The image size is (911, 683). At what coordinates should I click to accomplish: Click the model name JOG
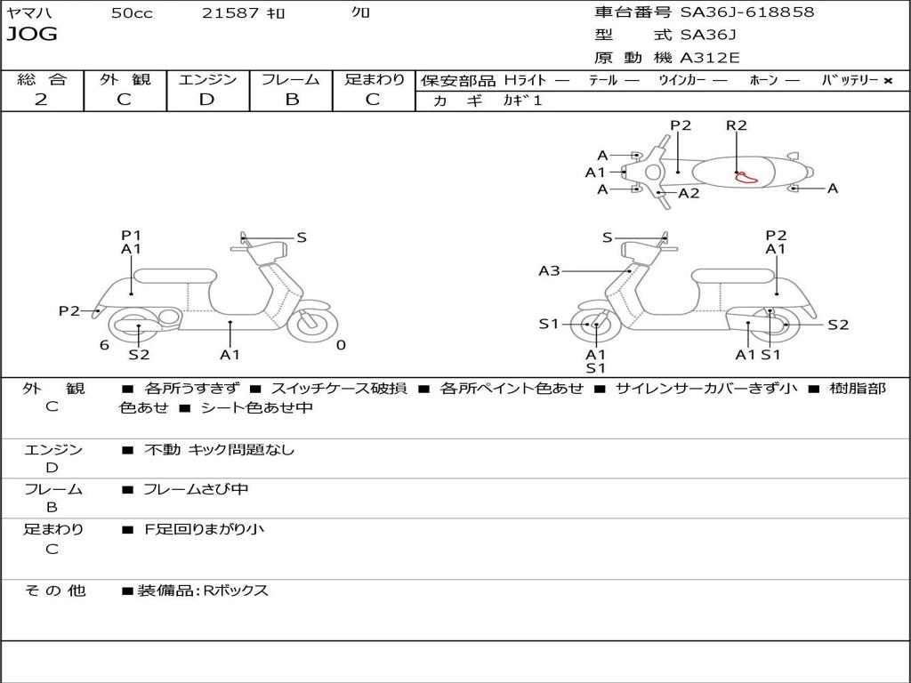click(32, 35)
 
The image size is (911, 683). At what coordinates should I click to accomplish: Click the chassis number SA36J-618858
click(747, 12)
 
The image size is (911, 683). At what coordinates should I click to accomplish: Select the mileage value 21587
click(230, 13)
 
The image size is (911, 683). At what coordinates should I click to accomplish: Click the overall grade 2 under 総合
click(41, 100)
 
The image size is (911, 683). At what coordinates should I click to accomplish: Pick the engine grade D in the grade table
click(207, 100)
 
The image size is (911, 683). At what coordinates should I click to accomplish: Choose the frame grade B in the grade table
click(291, 100)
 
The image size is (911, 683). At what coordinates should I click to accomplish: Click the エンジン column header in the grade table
click(207, 79)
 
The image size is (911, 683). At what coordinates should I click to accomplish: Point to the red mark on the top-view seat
click(744, 177)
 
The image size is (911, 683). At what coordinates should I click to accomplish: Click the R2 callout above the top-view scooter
click(737, 125)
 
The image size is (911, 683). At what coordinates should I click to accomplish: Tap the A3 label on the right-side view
click(549, 271)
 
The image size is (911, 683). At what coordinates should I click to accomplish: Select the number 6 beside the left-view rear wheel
click(104, 345)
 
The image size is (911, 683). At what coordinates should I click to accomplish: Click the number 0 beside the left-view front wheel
click(341, 345)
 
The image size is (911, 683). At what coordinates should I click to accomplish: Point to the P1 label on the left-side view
click(131, 236)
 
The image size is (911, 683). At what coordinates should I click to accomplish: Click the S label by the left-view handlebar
click(302, 237)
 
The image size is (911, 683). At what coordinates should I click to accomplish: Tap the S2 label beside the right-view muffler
click(838, 325)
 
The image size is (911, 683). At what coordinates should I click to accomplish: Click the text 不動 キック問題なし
click(219, 450)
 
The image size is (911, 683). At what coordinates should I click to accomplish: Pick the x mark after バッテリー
click(887, 80)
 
